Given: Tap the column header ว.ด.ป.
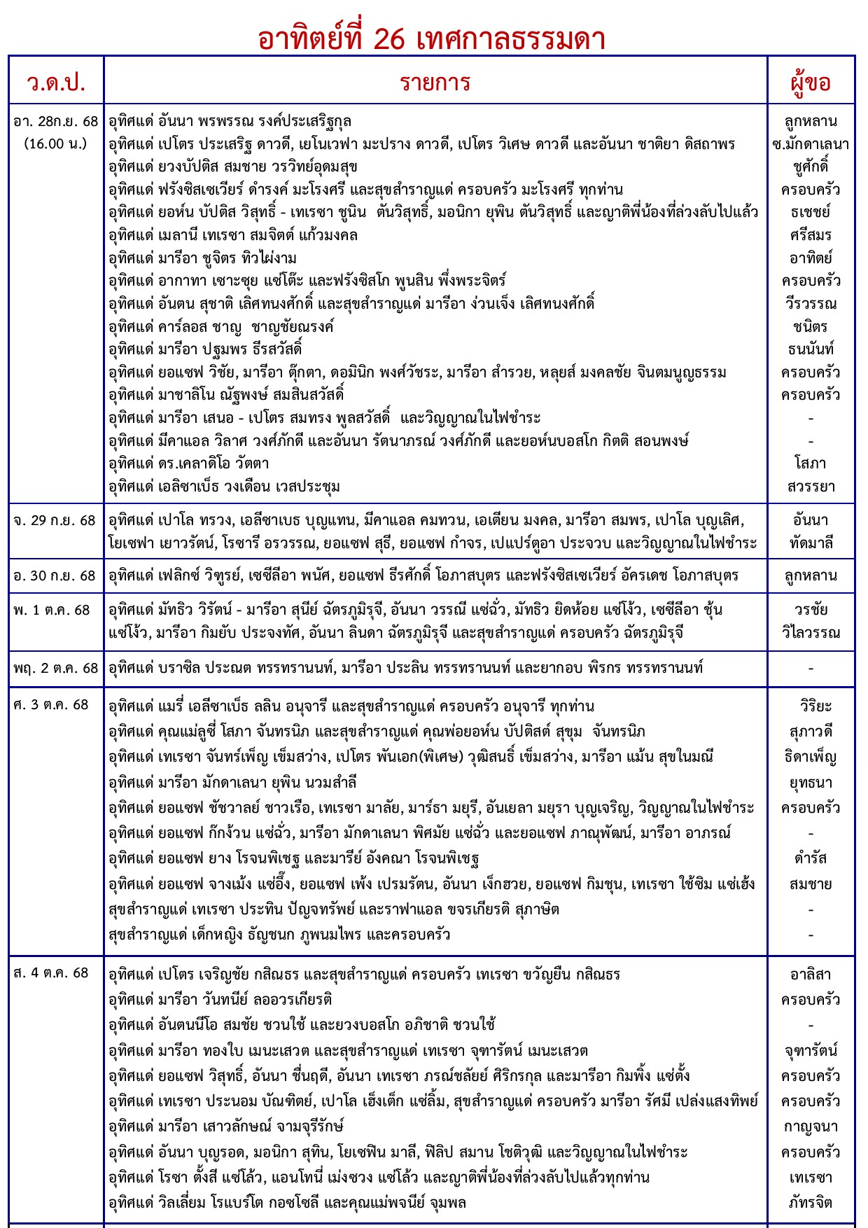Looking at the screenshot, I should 56,82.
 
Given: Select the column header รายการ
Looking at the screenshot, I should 435,82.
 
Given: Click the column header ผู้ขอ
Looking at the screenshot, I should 811,82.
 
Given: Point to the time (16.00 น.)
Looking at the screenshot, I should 56,144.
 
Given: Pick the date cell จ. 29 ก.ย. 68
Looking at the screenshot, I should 55,520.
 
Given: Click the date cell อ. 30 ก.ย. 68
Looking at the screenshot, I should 55,575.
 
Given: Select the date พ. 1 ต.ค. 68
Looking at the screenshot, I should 52,610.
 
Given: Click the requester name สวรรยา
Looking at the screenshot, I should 811,486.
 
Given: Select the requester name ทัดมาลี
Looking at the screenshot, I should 811,543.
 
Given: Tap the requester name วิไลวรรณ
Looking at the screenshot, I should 811,633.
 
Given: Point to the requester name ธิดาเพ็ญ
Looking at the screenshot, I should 811,757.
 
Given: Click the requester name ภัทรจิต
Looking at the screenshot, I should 811,1203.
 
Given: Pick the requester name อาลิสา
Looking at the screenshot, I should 811,974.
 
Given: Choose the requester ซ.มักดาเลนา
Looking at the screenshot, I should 811,144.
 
